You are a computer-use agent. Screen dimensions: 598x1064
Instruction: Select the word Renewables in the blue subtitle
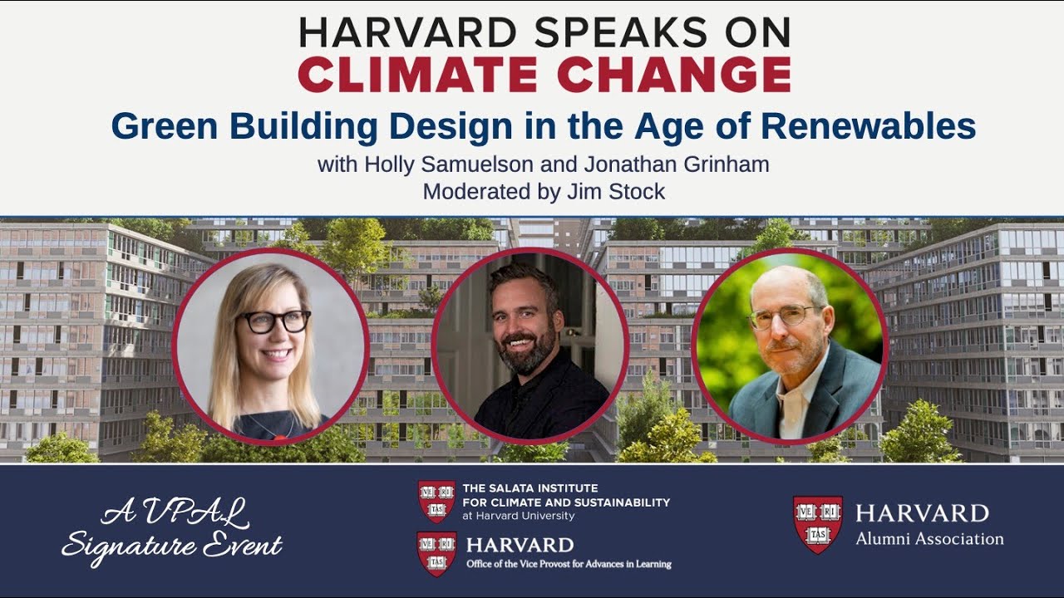[x=869, y=126]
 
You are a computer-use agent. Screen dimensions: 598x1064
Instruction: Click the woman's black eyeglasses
[x=274, y=321]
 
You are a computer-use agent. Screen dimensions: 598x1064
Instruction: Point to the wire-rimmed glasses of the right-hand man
[x=781, y=316]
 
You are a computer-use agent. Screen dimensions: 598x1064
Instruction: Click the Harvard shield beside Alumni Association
[x=817, y=524]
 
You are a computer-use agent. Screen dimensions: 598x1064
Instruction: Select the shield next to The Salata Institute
[x=436, y=501]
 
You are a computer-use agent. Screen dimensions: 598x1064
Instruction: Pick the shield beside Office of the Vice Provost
[x=436, y=553]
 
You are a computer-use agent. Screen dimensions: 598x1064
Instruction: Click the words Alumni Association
[x=929, y=539]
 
